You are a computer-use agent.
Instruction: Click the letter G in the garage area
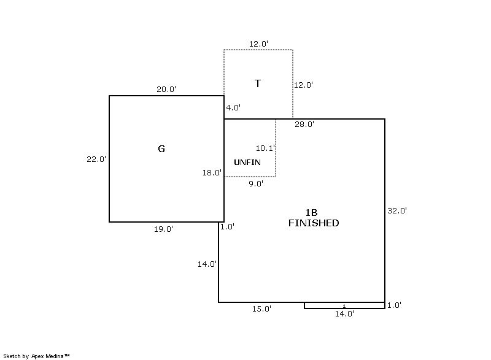[x=161, y=148]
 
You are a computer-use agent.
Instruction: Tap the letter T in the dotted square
[x=257, y=83]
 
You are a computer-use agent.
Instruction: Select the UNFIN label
[x=247, y=162]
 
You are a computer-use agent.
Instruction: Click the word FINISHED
[x=314, y=223]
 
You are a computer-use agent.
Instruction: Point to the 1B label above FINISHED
[x=311, y=213]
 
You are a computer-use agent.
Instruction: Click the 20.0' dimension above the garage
[x=166, y=89]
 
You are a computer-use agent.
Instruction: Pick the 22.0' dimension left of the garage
[x=96, y=159]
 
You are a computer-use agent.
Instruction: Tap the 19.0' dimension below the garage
[x=163, y=229]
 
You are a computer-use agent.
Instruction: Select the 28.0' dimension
[x=304, y=124]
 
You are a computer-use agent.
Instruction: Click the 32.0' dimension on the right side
[x=396, y=211]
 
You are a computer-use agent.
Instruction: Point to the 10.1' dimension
[x=265, y=148]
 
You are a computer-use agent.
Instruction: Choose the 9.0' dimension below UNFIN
[x=256, y=183]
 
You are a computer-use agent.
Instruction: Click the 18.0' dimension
[x=212, y=173]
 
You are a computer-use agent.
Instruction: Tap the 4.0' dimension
[x=233, y=107]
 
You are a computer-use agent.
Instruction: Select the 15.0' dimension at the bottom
[x=261, y=309]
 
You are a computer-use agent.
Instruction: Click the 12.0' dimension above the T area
[x=258, y=44]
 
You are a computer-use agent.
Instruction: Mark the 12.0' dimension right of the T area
[x=303, y=85]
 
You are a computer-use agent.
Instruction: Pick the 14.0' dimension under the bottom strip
[x=344, y=314]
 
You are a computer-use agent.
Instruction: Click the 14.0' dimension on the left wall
[x=207, y=264]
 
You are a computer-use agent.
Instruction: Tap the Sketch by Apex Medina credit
[x=36, y=356]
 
